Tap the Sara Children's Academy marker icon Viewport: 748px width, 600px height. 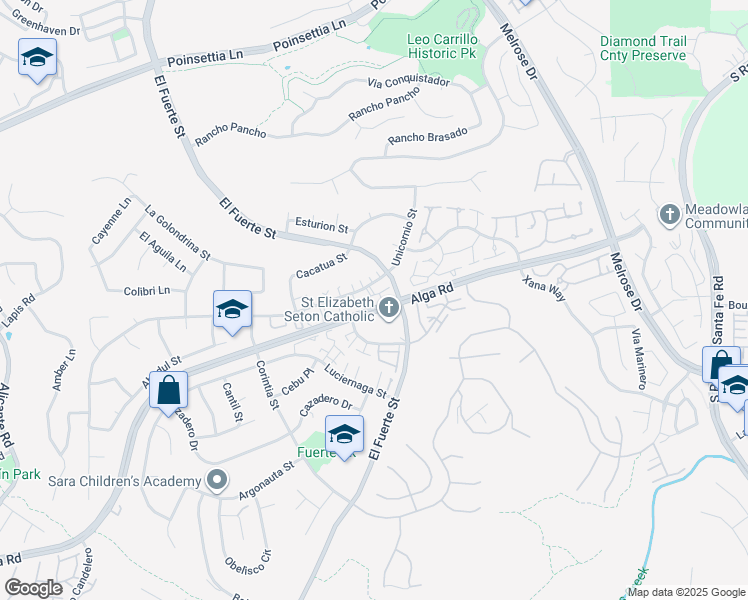click(216, 482)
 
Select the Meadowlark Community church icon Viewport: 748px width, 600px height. click(670, 214)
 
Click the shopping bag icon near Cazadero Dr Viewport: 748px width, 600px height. click(169, 389)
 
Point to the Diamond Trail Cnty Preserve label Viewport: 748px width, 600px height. click(643, 48)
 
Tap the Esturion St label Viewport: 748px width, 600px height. click(321, 226)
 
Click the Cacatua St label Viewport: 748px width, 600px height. click(321, 266)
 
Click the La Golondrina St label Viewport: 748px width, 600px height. click(177, 233)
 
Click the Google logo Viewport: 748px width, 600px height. click(33, 588)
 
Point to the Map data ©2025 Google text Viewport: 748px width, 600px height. click(686, 592)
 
